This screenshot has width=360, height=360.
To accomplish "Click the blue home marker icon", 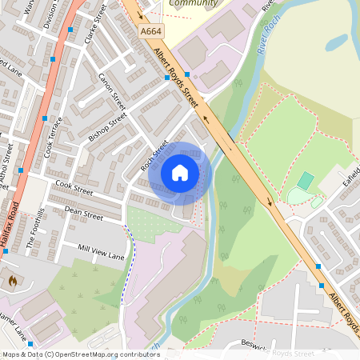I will tap(180, 173).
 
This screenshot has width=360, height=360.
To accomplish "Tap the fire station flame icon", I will tap(12, 281).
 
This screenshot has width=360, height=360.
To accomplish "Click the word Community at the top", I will tap(193, 4).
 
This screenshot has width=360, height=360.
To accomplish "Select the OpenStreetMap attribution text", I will tap(80, 354).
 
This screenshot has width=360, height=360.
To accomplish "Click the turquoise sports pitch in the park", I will tap(306, 181).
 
